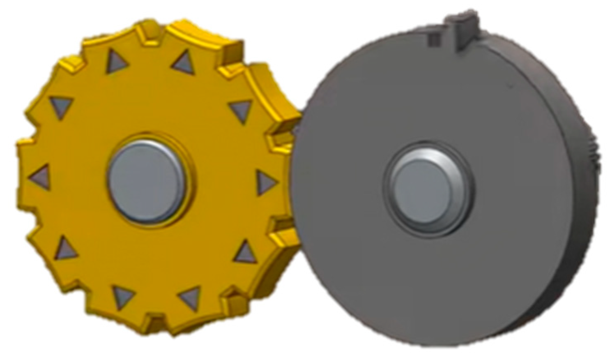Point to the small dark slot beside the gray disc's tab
(435, 38)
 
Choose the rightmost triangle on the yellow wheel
(265, 182)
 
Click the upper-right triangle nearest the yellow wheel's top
(184, 62)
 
